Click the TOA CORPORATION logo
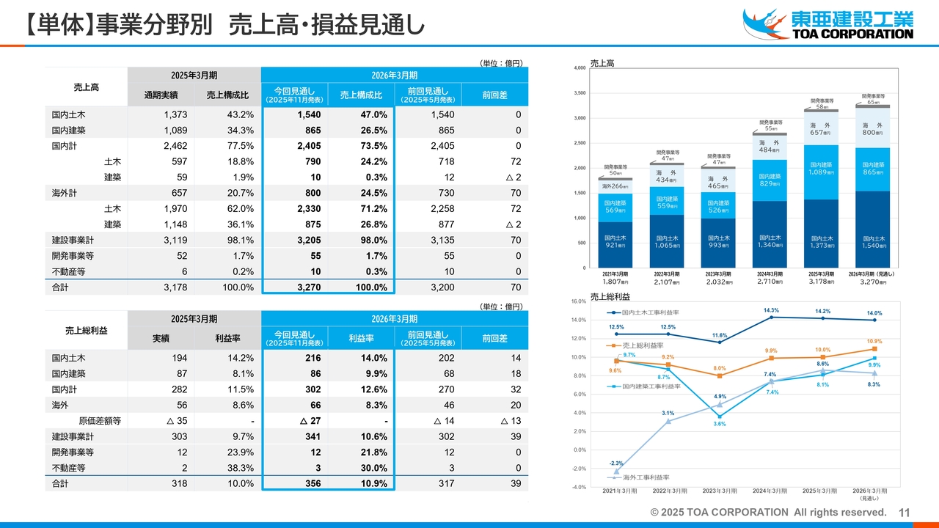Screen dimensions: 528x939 pos(828,23)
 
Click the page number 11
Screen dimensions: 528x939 pos(904,512)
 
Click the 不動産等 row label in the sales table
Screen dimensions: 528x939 pos(68,271)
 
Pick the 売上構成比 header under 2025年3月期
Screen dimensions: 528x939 pos(227,95)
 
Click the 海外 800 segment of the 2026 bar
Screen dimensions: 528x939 pos(874,129)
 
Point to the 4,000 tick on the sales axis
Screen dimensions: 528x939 pos(578,68)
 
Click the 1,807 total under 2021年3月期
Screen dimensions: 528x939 pos(615,282)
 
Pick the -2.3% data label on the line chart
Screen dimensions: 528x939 pos(616,463)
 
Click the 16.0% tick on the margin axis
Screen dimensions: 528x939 pos(577,301)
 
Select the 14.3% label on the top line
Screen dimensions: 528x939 pos(770,310)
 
